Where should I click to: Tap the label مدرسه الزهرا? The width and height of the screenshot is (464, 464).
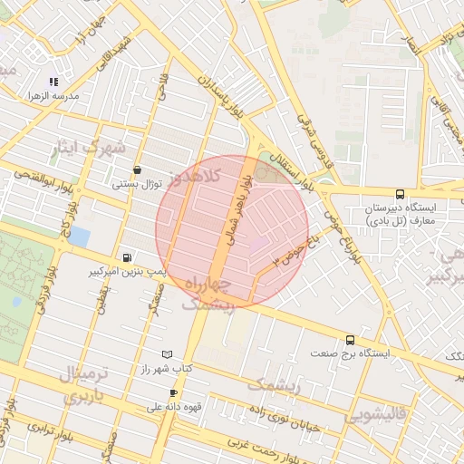(53, 95)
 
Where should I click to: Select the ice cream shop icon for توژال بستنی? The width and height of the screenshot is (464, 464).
(137, 169)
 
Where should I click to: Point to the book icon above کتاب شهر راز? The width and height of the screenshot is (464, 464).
(166, 354)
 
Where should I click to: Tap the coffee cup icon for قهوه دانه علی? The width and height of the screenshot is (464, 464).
(173, 393)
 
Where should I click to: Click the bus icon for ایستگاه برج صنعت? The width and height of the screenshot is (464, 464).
(351, 340)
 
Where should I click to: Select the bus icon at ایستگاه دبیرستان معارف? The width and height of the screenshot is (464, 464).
(401, 194)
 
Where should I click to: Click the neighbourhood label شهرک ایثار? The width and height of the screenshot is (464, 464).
(88, 149)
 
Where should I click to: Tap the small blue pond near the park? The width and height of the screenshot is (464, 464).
(79, 237)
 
